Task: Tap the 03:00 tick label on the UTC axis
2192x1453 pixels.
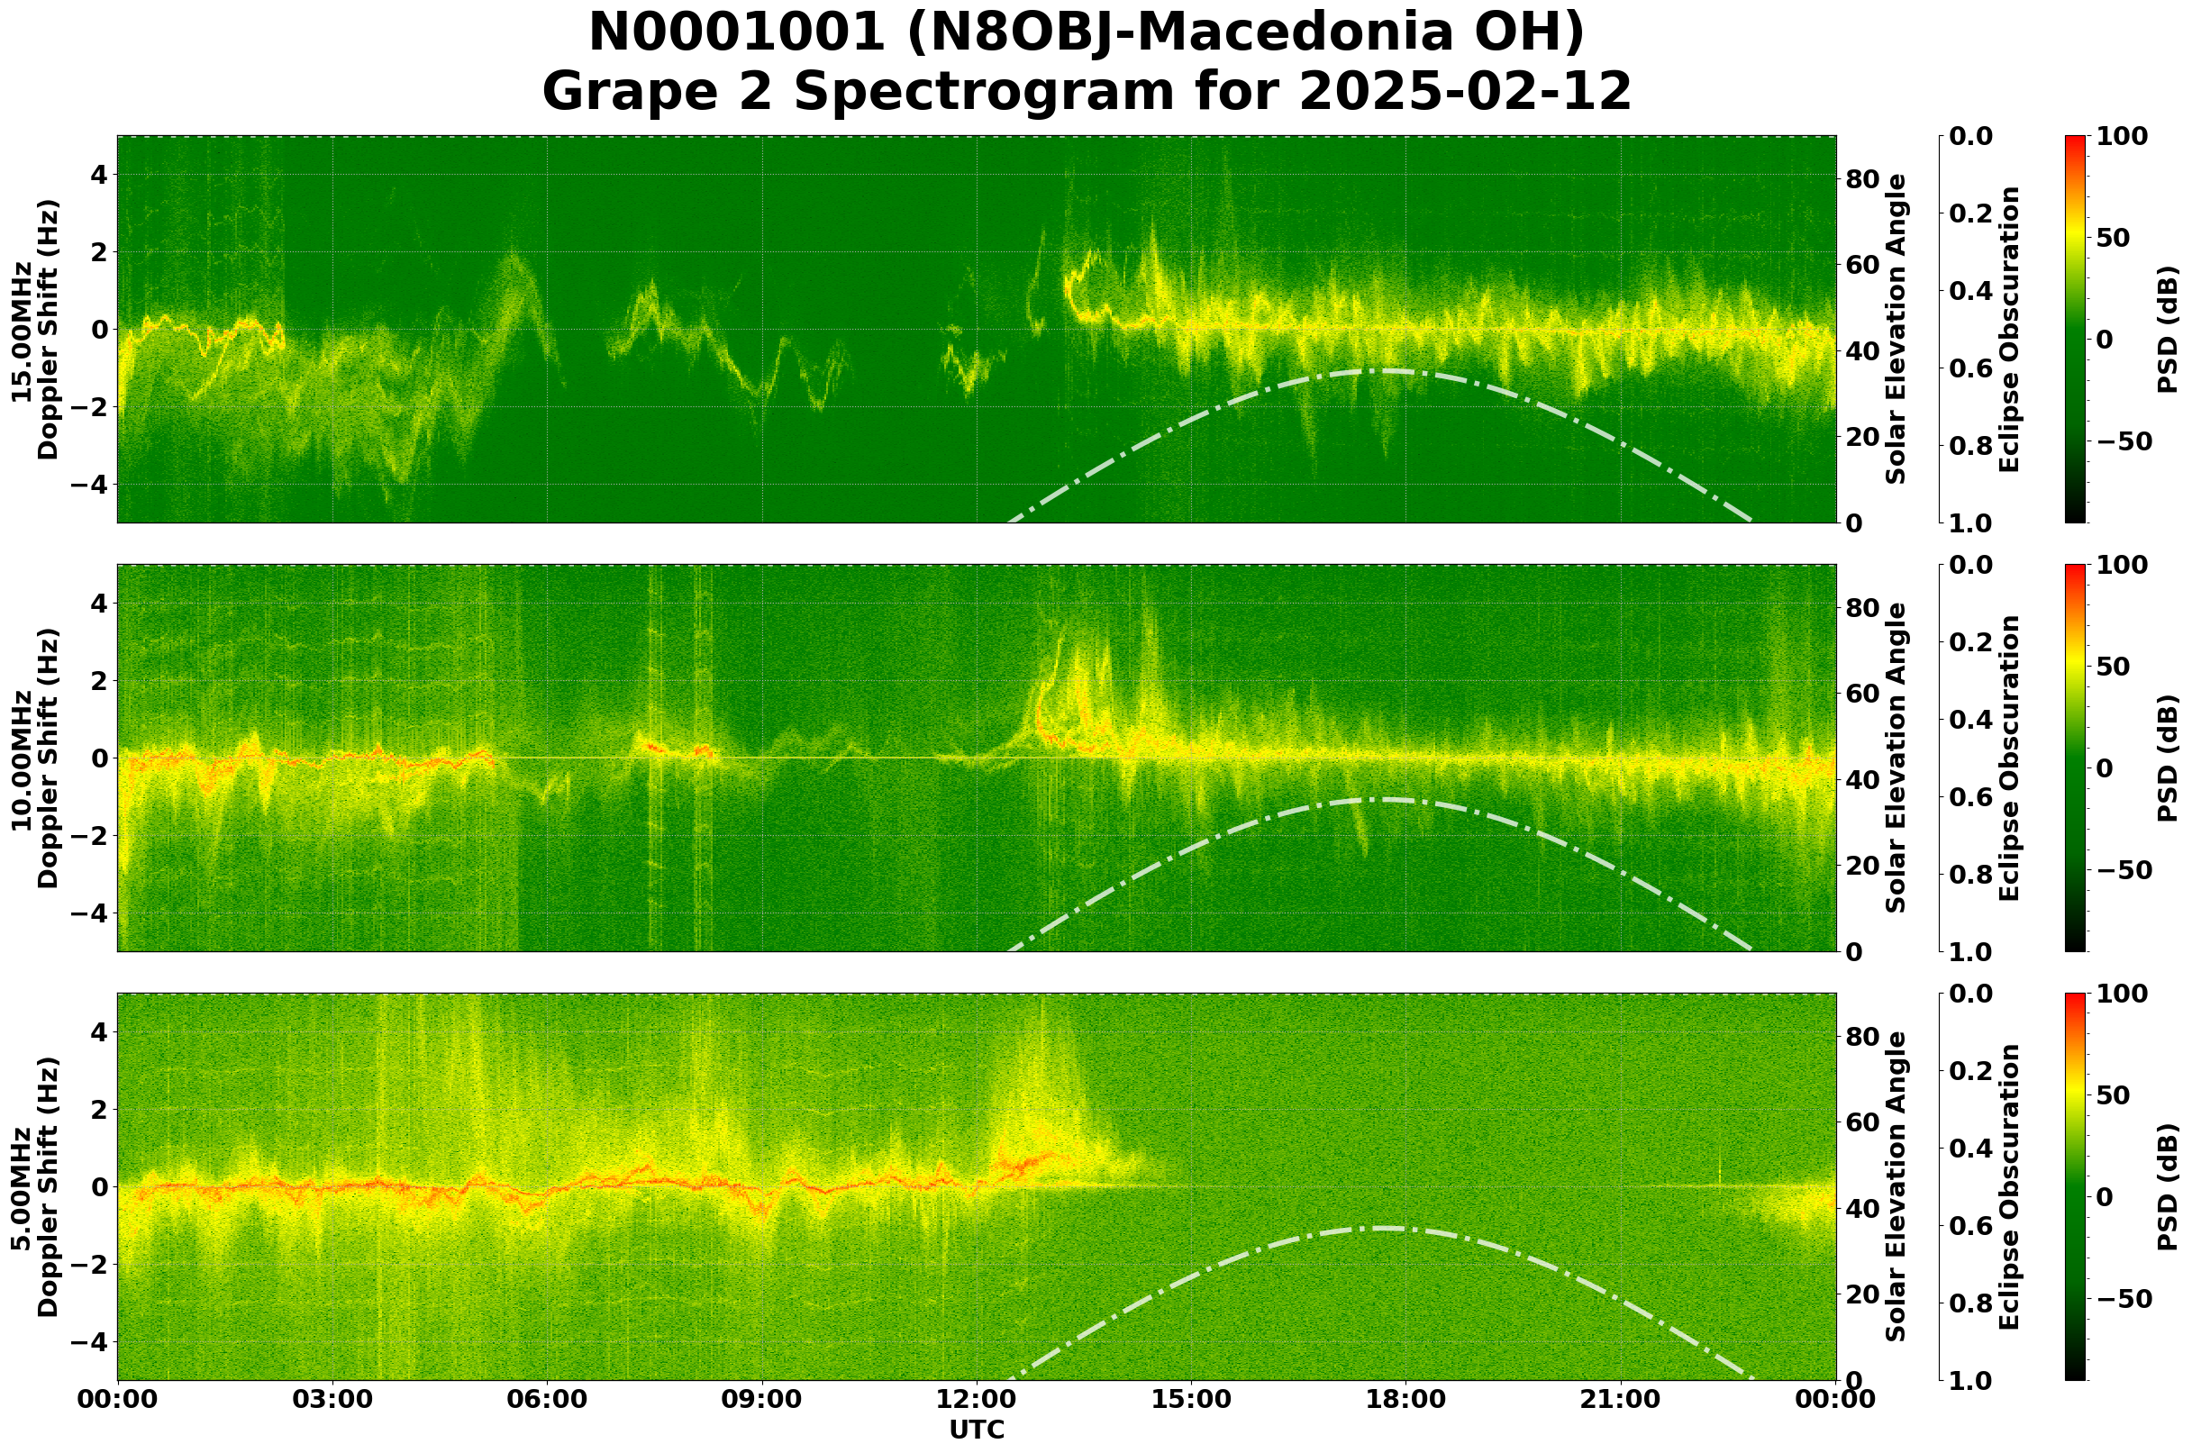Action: coord(332,1398)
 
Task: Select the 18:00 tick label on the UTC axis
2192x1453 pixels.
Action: coord(1405,1398)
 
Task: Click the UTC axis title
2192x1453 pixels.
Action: coord(976,1430)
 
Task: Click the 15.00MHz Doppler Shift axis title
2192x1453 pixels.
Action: coord(34,329)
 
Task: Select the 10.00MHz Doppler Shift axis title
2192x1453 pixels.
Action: coord(34,758)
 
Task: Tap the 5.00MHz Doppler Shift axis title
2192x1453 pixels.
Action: coord(34,1187)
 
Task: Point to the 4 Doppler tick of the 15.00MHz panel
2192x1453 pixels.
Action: coord(98,174)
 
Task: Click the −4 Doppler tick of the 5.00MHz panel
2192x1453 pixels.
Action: coord(91,1342)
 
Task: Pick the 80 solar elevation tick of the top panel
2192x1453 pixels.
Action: coord(1863,180)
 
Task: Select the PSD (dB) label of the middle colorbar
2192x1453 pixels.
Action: coord(2167,758)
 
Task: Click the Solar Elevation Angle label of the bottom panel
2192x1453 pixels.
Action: coord(1896,1187)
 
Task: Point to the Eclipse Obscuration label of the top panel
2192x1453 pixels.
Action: coord(2008,329)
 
